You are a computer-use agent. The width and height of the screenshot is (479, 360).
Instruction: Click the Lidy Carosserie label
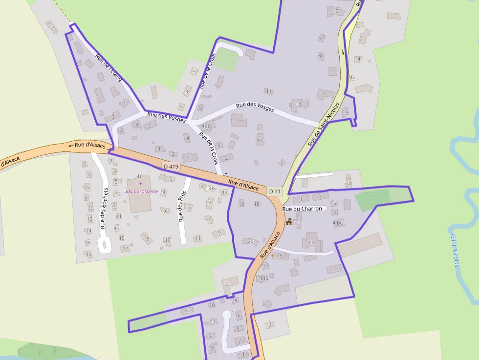click(140, 191)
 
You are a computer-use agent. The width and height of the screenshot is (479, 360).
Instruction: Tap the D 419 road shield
click(172, 167)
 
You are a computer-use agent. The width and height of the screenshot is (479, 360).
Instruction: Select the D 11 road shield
click(274, 191)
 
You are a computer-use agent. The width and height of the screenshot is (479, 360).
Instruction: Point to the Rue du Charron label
click(302, 209)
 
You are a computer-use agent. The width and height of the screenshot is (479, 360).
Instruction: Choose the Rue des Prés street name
click(182, 206)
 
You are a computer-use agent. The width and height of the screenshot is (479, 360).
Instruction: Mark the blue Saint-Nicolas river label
click(455, 249)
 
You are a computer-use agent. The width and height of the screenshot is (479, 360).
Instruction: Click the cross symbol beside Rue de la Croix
click(226, 174)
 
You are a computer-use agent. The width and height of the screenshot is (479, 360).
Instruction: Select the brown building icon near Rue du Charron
click(289, 222)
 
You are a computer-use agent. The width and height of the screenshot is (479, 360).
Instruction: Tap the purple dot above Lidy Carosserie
click(140, 183)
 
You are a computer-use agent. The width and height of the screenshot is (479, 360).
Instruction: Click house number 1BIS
click(210, 188)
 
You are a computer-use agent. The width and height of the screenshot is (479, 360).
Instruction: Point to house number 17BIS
click(262, 278)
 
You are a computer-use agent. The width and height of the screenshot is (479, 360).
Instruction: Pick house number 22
click(226, 283)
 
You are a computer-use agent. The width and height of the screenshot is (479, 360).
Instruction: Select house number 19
click(268, 325)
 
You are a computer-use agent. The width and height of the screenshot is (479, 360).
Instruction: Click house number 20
click(251, 241)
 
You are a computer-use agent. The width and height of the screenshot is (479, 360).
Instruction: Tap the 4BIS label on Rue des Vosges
click(207, 126)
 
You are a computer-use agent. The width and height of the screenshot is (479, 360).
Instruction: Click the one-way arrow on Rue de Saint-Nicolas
click(343, 51)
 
